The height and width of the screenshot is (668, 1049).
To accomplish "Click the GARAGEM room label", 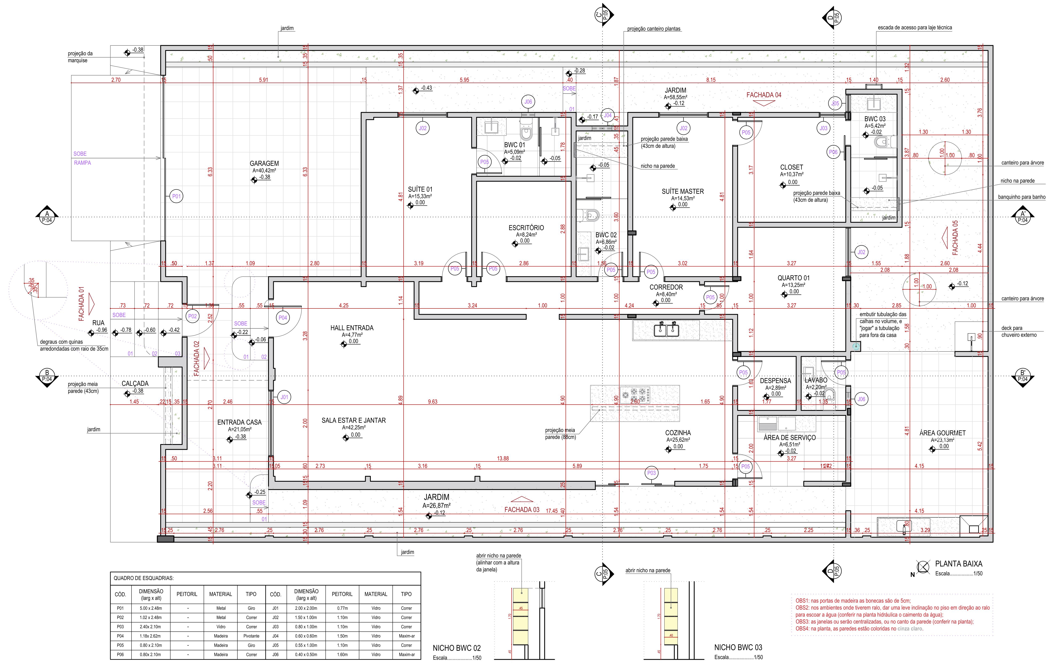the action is tap(264, 164).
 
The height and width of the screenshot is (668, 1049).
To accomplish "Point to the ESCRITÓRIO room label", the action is tap(526, 228).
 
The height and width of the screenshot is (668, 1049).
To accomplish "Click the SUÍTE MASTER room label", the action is tap(682, 191).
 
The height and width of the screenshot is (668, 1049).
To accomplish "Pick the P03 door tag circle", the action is tap(651, 473).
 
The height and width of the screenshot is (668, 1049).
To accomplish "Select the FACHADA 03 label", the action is tap(521, 509).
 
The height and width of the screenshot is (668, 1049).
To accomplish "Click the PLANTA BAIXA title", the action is tap(958, 564).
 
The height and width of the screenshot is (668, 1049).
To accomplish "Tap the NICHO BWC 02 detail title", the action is tap(456, 648).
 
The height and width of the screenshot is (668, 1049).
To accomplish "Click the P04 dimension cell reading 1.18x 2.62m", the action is tap(151, 636).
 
